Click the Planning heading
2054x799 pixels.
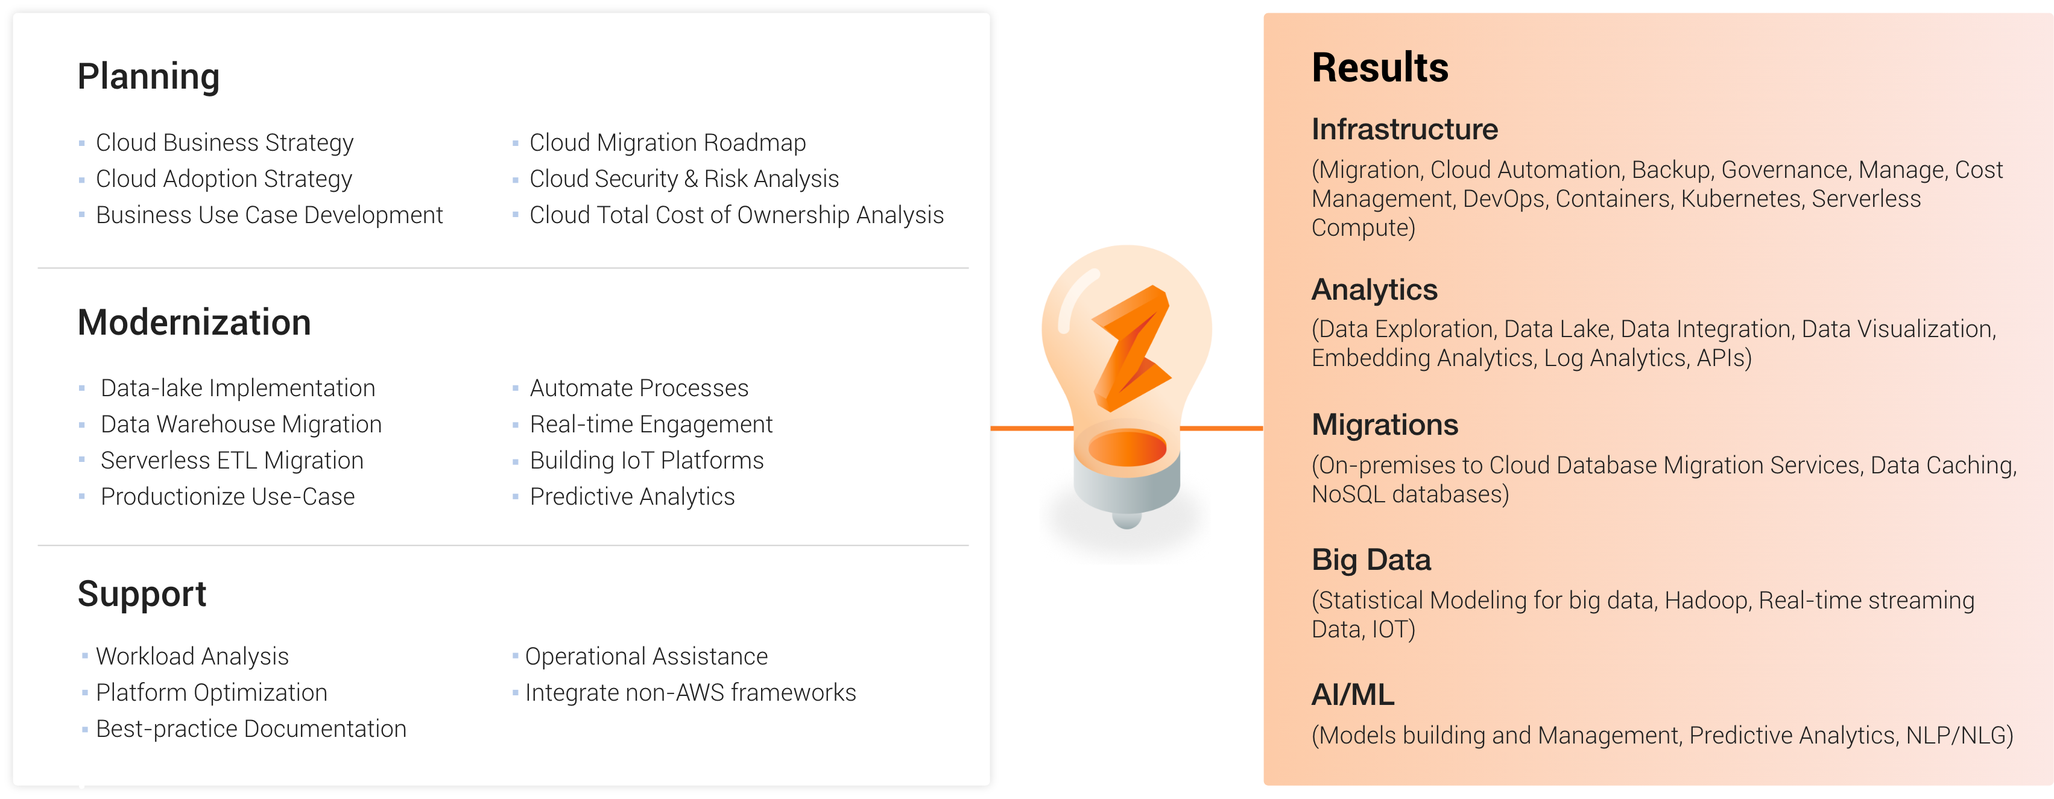point(148,77)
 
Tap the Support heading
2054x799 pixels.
point(142,595)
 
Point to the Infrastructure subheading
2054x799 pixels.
point(1405,129)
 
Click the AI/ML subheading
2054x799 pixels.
point(1353,695)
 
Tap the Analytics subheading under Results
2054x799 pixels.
point(1374,290)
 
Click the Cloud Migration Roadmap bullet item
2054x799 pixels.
point(668,143)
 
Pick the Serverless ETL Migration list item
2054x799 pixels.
point(232,461)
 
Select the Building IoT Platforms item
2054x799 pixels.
point(646,461)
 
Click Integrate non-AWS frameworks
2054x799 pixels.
point(690,693)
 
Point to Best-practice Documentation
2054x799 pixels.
point(251,729)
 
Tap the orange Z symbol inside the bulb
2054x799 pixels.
point(1131,348)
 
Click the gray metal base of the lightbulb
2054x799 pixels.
point(1127,487)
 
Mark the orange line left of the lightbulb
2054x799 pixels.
point(1032,429)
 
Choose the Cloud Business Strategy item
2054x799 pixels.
point(224,143)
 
